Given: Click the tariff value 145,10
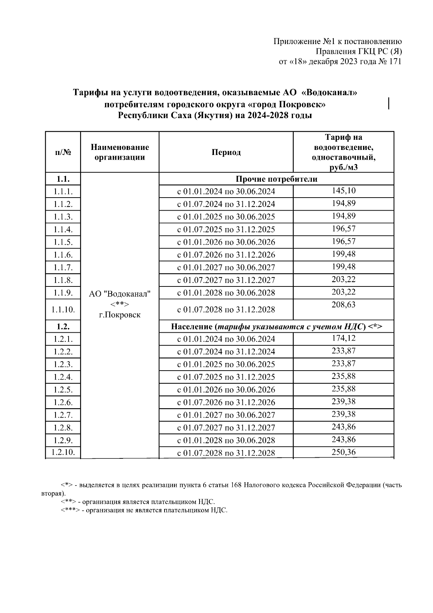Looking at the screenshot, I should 344,191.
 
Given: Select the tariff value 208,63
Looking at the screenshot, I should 344,305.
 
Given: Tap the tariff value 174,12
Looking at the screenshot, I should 344,338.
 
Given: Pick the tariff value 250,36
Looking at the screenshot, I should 344,452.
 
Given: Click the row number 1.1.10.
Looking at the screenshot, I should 63,309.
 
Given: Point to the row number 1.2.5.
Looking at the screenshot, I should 63,390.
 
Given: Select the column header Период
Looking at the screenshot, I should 226,152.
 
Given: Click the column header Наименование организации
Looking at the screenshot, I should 120,152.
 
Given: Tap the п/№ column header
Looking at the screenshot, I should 63,152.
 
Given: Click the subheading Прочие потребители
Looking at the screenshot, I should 276,179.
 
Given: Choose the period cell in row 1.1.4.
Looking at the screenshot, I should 226,230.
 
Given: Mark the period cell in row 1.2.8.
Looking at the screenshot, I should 226,428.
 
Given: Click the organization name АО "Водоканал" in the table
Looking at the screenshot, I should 120,294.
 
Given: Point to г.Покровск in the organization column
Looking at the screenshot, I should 120,315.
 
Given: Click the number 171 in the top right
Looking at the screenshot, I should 395,61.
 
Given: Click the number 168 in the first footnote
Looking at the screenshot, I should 236,485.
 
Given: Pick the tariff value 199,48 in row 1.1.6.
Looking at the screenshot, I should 344,254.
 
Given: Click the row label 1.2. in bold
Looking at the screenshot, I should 63,327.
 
